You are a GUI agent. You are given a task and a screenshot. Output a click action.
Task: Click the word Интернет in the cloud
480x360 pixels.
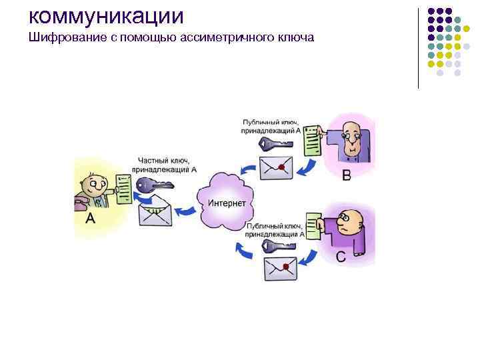coord(227,203)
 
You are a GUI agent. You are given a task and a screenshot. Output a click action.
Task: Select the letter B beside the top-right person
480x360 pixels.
coord(347,175)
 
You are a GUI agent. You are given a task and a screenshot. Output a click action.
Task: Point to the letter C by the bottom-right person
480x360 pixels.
coord(340,256)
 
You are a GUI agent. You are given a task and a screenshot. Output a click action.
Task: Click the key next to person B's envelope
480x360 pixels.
coord(274,143)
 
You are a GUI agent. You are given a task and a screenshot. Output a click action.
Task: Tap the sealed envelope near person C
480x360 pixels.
coord(280,268)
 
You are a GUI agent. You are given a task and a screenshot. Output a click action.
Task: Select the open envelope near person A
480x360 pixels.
coord(155,214)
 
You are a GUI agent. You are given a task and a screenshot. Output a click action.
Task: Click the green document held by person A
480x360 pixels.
coord(123,189)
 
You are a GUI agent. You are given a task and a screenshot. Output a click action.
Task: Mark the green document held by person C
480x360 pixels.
coord(313,227)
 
